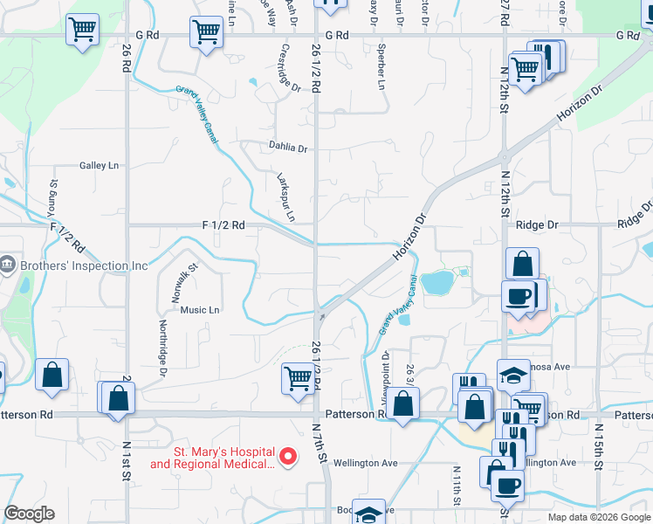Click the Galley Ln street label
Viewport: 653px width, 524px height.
pos(99,165)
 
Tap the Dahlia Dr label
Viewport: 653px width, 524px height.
pos(288,148)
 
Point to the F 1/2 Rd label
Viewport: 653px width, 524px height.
pos(223,224)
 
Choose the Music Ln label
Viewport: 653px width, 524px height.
pos(200,310)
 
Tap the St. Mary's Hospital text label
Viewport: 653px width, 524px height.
pos(212,458)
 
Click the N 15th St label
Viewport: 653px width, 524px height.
pos(600,449)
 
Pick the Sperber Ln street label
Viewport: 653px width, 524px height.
pos(381,67)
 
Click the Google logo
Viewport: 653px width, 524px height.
pos(30,514)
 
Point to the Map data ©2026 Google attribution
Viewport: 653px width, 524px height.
pos(598,517)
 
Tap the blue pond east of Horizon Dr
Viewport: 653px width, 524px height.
pos(436,282)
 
